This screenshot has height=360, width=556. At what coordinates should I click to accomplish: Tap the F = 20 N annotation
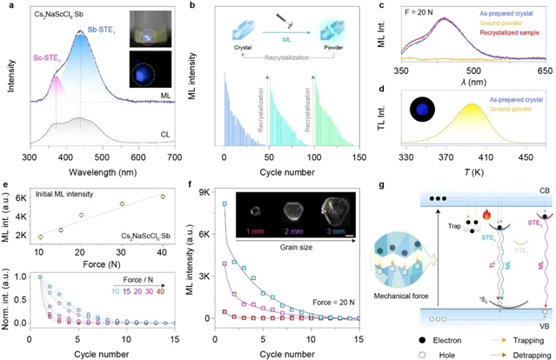click(403, 14)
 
